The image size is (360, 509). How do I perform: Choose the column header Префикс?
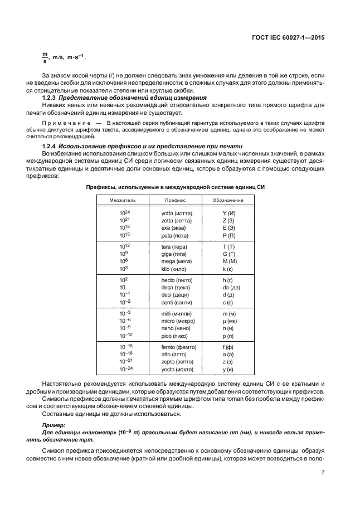pos(175,199)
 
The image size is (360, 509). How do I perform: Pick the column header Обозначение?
pos(228,199)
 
